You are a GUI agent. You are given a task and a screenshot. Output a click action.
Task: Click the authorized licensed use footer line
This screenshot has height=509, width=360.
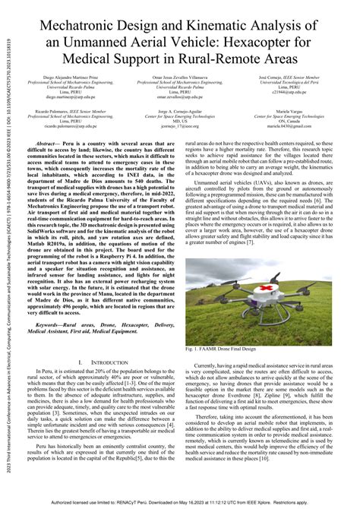pyautogui.click(x=180, y=502)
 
